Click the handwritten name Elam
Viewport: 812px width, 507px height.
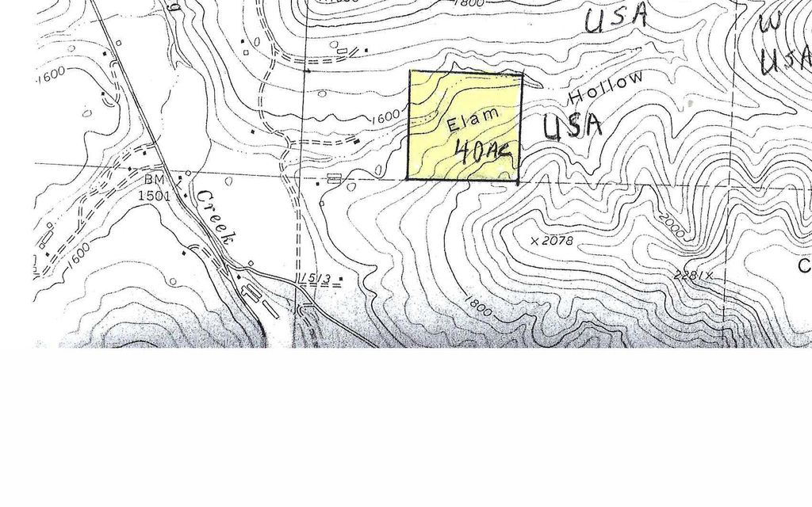pyautogui.click(x=473, y=120)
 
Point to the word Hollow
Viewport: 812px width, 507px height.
pyautogui.click(x=606, y=90)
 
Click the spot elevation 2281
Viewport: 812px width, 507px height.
pyautogui.click(x=687, y=276)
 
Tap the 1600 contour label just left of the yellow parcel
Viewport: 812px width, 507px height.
pyautogui.click(x=385, y=116)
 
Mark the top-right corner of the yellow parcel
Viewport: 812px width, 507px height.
pyautogui.click(x=523, y=74)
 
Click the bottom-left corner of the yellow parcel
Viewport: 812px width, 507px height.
pyautogui.click(x=408, y=179)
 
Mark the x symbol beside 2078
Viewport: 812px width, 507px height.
pyautogui.click(x=535, y=239)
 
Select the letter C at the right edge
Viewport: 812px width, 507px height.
pyautogui.click(x=803, y=267)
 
